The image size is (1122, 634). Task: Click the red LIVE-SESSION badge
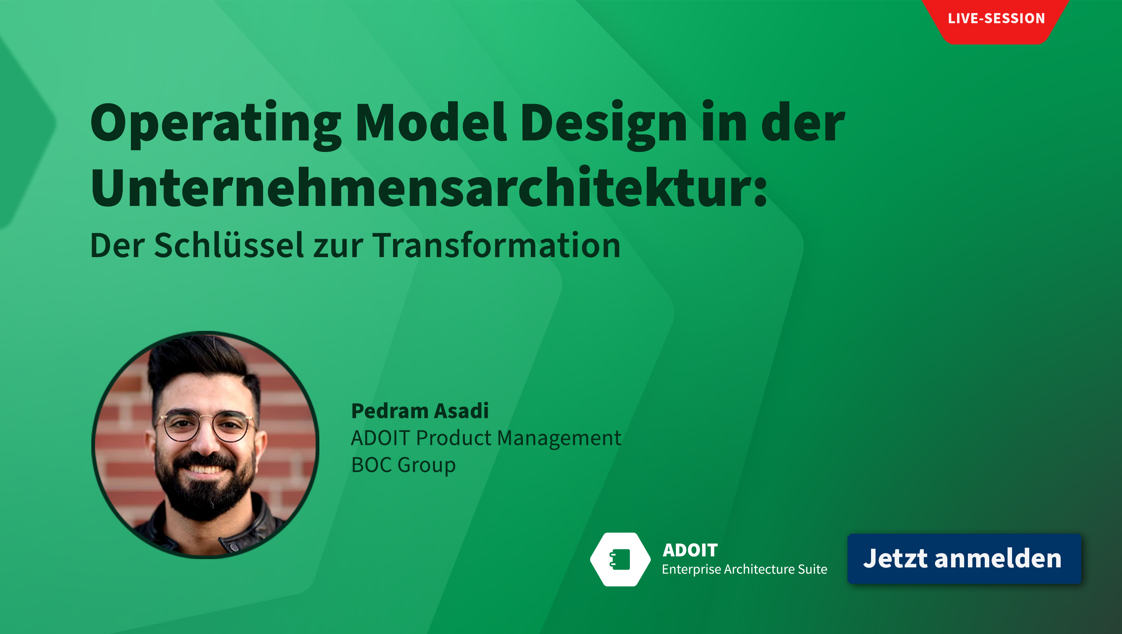(996, 19)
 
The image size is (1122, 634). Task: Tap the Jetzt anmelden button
(964, 559)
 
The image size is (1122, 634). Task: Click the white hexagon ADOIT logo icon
(620, 559)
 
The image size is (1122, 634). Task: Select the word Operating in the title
(215, 125)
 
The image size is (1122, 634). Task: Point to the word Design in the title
(604, 125)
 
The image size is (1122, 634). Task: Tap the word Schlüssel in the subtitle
(229, 245)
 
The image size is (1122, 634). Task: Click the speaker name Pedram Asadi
(420, 411)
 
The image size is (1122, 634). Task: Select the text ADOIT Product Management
(486, 438)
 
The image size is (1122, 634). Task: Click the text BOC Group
(403, 465)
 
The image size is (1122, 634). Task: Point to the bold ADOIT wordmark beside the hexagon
(690, 550)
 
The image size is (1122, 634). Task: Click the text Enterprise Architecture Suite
(744, 570)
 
